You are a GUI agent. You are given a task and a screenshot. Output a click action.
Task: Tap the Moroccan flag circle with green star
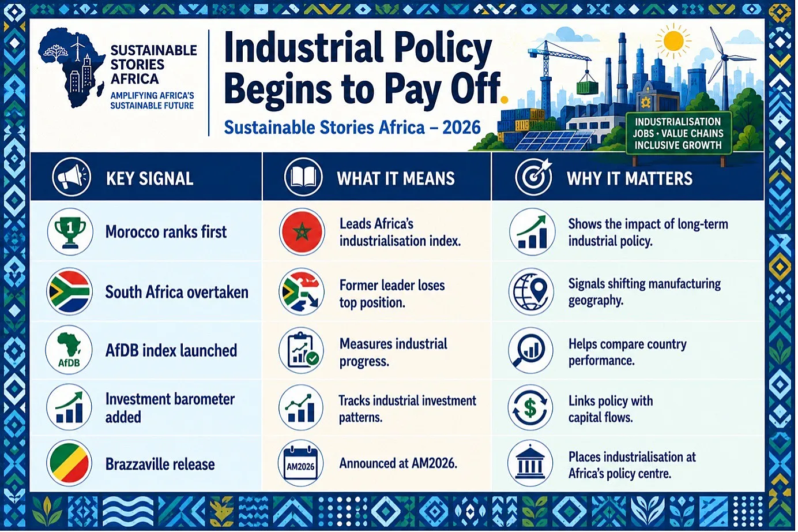pos(302,232)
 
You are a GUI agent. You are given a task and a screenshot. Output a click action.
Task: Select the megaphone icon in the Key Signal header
pos(71,177)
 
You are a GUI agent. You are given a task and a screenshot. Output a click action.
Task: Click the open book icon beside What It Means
pos(303,177)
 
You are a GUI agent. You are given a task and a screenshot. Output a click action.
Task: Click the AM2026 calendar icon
pos(300,463)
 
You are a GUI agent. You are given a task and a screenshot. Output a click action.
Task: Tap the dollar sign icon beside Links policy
pos(530,407)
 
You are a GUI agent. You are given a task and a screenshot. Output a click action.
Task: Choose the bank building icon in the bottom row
pos(530,463)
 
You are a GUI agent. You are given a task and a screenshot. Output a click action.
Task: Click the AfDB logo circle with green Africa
pos(69,350)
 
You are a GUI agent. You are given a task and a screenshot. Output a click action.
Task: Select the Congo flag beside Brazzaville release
pos(69,463)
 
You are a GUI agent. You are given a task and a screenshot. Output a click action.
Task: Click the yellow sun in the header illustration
pos(673,40)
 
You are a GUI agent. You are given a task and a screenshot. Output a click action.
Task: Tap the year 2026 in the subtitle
pos(461,128)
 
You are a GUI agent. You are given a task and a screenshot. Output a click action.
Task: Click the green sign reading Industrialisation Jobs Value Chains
pos(678,133)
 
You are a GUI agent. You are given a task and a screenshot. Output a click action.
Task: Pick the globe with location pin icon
pos(531,291)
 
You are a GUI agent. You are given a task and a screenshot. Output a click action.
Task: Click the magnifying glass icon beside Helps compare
pos(530,350)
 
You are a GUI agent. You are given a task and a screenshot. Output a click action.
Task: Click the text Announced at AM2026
pos(398,463)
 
